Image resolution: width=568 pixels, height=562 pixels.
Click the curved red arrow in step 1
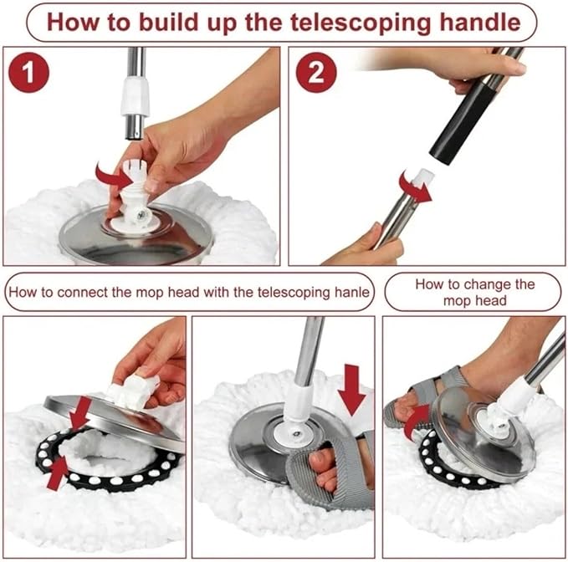point(110,177)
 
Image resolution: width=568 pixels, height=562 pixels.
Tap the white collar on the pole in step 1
point(135,96)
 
